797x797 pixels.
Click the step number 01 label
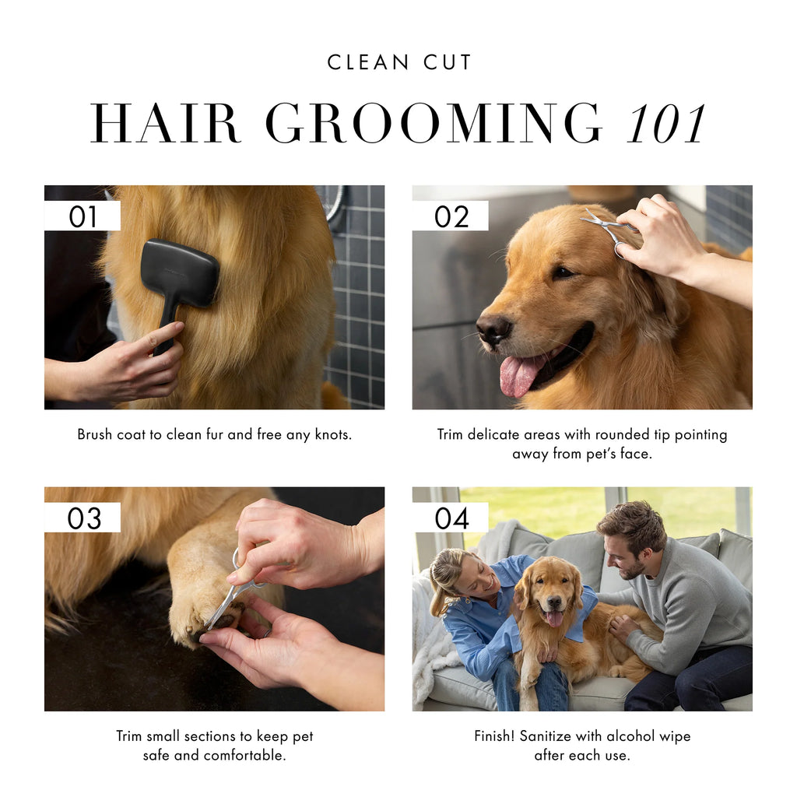(83, 216)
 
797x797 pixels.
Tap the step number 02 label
(451, 216)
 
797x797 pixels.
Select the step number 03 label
(84, 518)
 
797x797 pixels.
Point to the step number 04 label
(452, 518)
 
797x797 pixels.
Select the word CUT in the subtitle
(448, 62)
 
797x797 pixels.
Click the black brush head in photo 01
(181, 273)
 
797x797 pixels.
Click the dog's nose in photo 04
(553, 603)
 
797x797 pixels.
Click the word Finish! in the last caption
(494, 736)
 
